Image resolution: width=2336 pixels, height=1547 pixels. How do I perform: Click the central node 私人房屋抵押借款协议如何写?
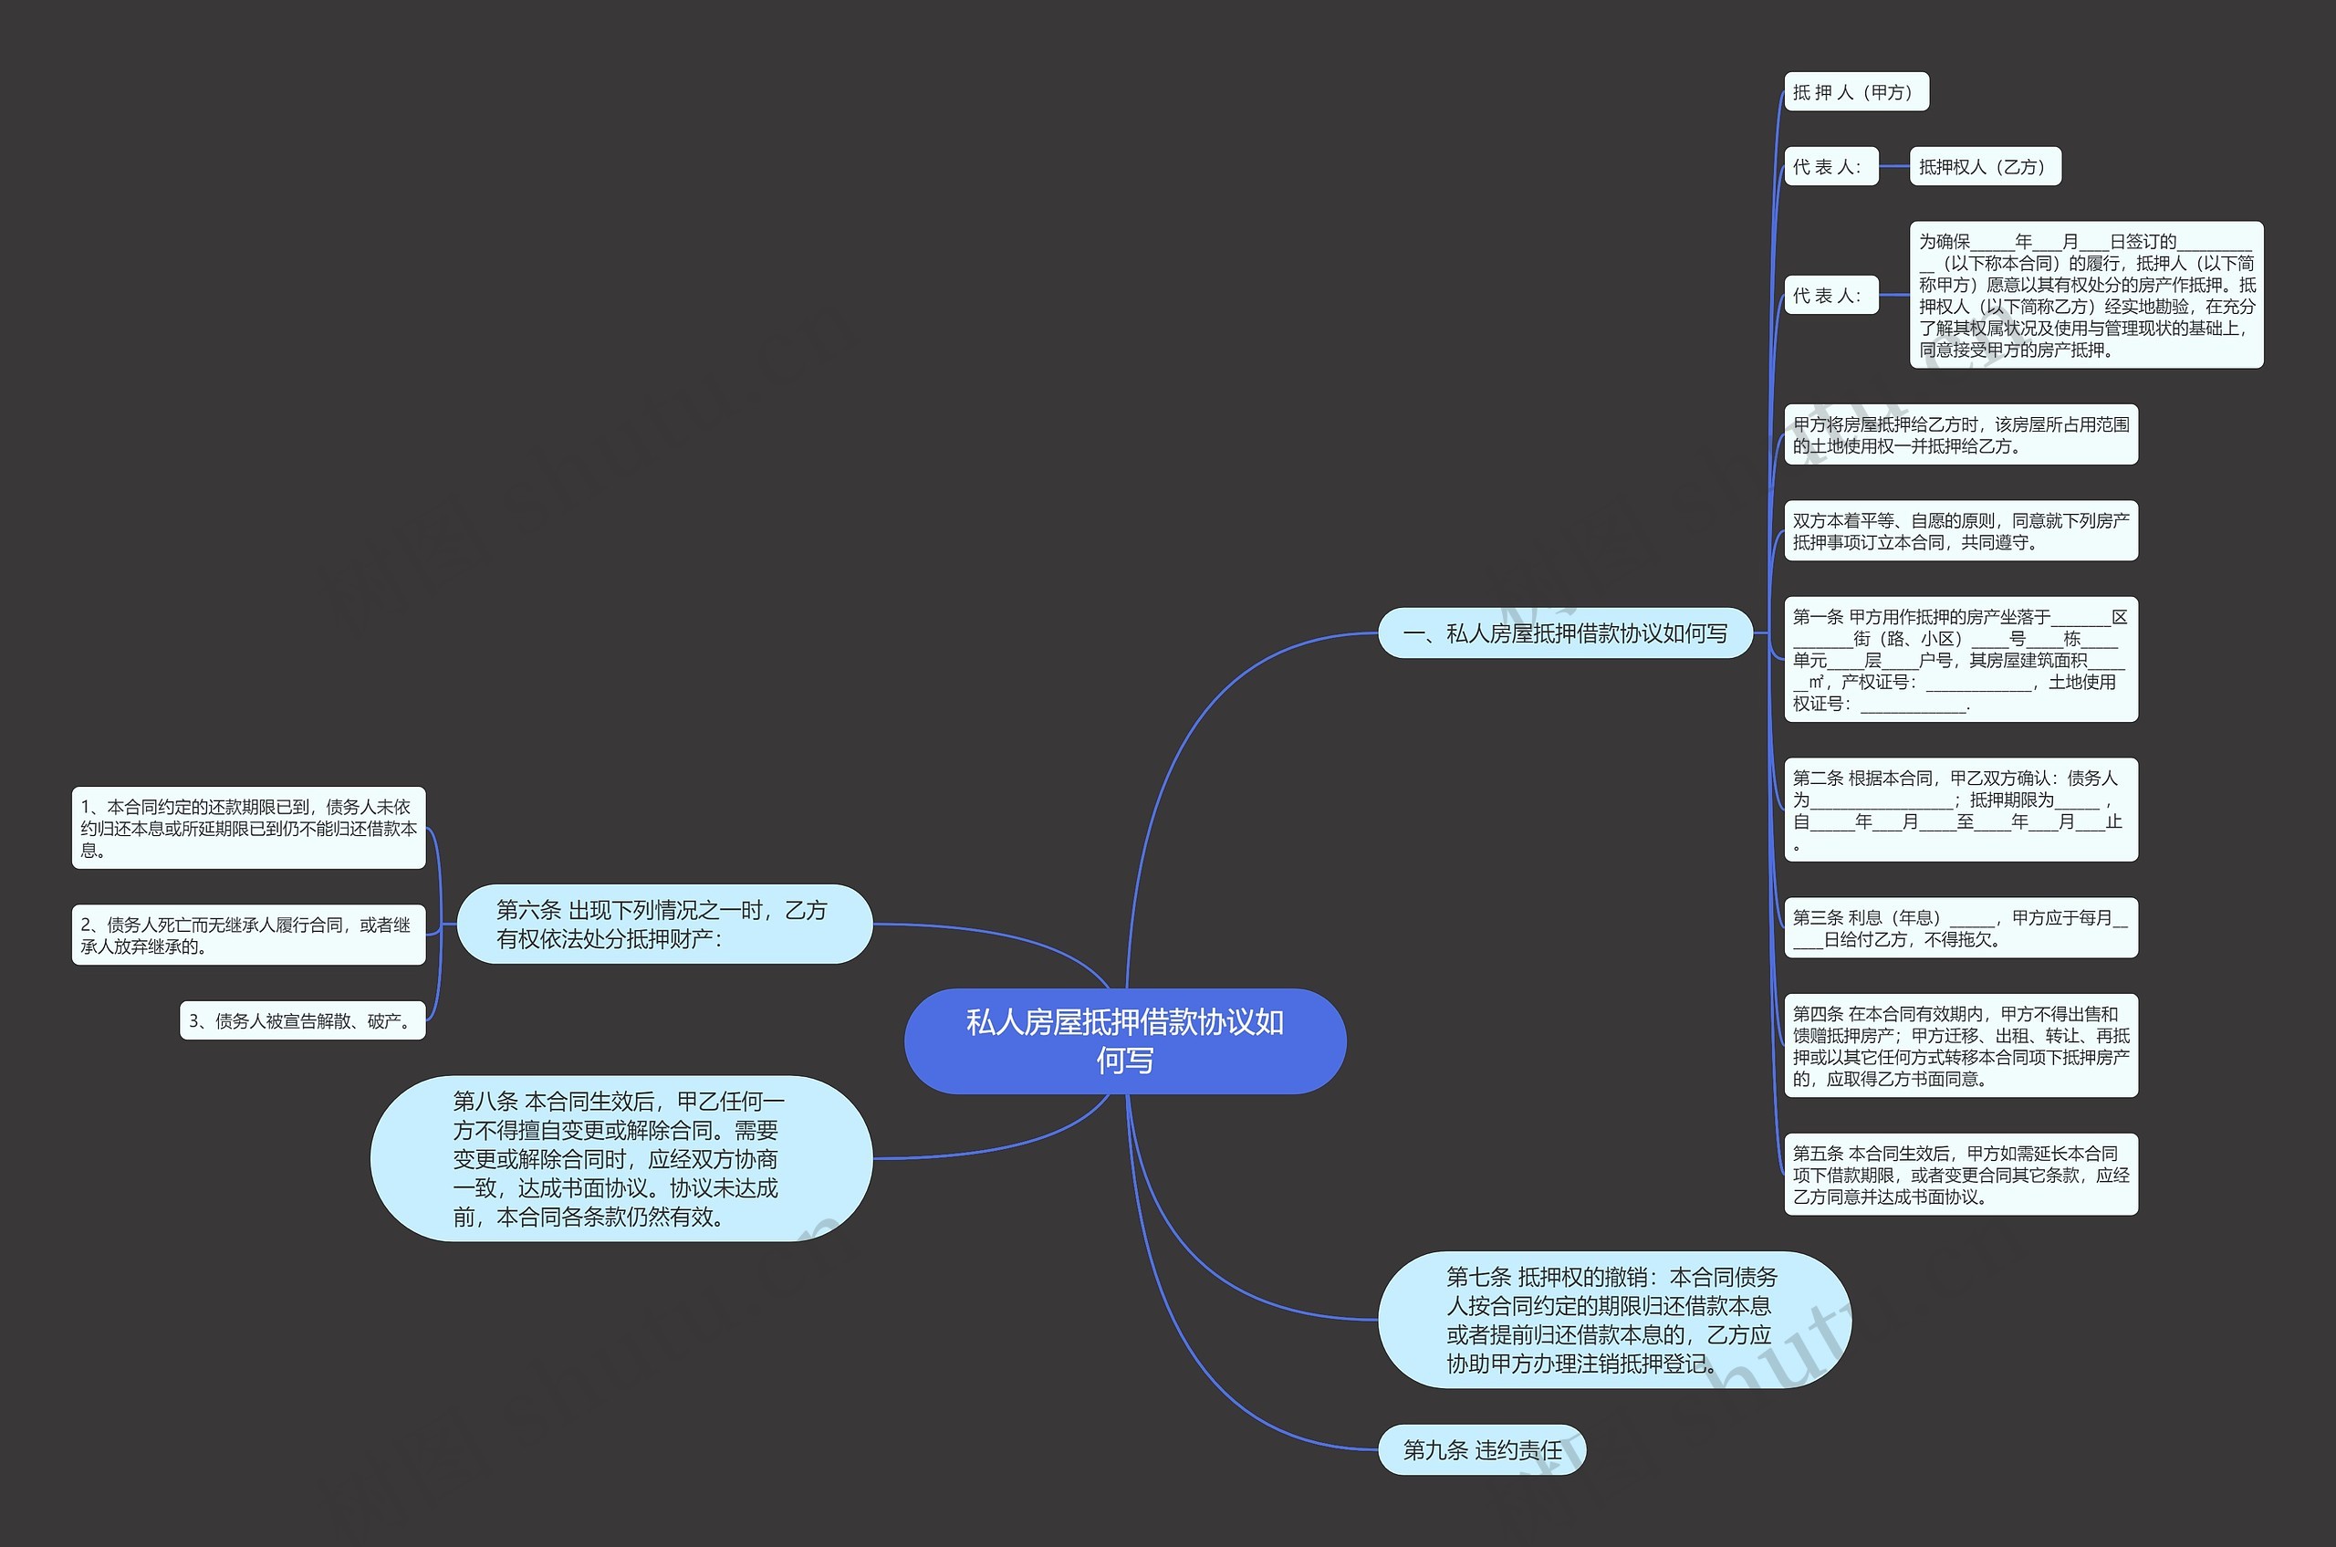(x=1124, y=1040)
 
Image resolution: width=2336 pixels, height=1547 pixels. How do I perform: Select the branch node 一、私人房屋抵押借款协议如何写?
(x=1565, y=632)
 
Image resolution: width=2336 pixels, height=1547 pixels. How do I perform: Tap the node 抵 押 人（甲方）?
(x=1854, y=92)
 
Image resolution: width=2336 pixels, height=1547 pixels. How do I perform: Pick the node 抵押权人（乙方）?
(x=1984, y=167)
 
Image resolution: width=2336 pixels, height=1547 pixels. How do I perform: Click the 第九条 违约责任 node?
(x=1482, y=1449)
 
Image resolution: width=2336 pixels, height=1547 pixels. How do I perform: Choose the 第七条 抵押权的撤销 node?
(x=1613, y=1319)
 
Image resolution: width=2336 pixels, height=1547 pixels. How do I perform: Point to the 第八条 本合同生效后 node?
(x=620, y=1158)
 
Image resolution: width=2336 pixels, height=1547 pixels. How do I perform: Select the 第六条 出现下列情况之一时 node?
(x=664, y=924)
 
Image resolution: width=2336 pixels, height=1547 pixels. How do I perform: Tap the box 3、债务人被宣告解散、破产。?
(x=303, y=1020)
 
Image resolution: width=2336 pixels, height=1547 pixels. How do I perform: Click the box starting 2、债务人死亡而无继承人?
(x=247, y=935)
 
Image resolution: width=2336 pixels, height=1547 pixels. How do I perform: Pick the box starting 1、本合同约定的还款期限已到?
(x=247, y=828)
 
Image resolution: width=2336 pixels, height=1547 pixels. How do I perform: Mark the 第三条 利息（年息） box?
(x=1960, y=927)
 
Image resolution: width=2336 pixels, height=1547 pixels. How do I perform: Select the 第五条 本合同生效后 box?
(x=1960, y=1174)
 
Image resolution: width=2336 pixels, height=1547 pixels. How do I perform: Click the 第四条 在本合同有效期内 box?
(x=1960, y=1046)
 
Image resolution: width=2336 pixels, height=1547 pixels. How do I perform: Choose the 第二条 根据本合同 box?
(x=1960, y=810)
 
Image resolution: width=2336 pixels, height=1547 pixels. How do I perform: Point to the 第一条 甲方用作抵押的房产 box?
(x=1960, y=659)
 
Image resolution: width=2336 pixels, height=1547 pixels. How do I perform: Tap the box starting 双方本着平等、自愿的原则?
(x=1960, y=531)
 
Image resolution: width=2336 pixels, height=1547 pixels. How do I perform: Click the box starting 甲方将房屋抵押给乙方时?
(x=1960, y=434)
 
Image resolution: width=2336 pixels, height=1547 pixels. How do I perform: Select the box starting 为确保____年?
(x=2085, y=295)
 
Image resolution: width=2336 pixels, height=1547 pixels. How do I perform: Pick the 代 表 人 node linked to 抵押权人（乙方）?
(x=1830, y=167)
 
